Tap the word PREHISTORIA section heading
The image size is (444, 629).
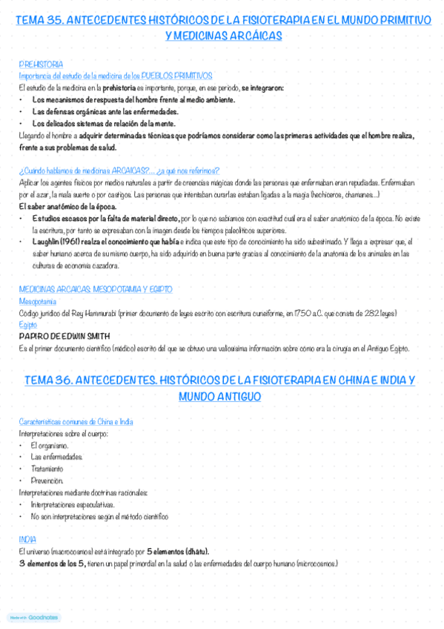click(41, 65)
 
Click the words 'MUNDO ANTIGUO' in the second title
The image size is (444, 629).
click(219, 397)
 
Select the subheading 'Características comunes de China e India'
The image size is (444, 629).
click(76, 421)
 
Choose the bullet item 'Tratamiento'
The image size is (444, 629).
click(47, 469)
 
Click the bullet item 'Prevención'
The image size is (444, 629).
click(47, 481)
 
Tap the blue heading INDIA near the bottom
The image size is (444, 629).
click(28, 539)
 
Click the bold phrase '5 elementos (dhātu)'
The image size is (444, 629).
click(178, 551)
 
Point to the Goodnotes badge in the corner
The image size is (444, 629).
click(34, 617)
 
